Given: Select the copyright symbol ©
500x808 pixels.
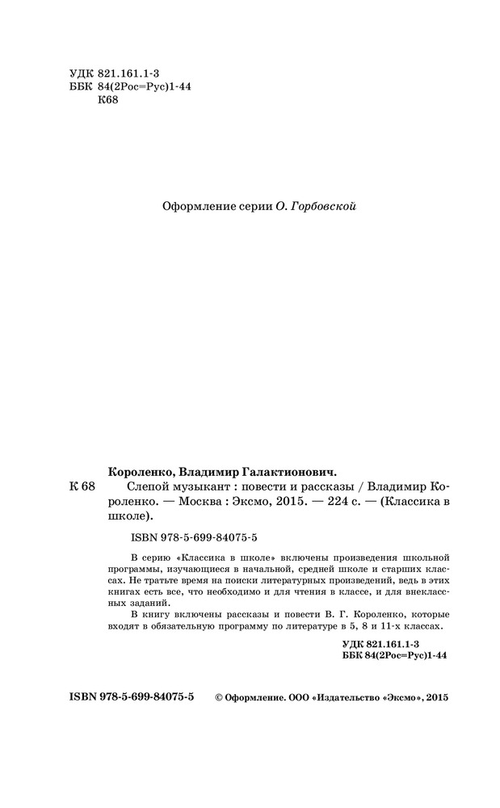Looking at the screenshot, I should (216, 697).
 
